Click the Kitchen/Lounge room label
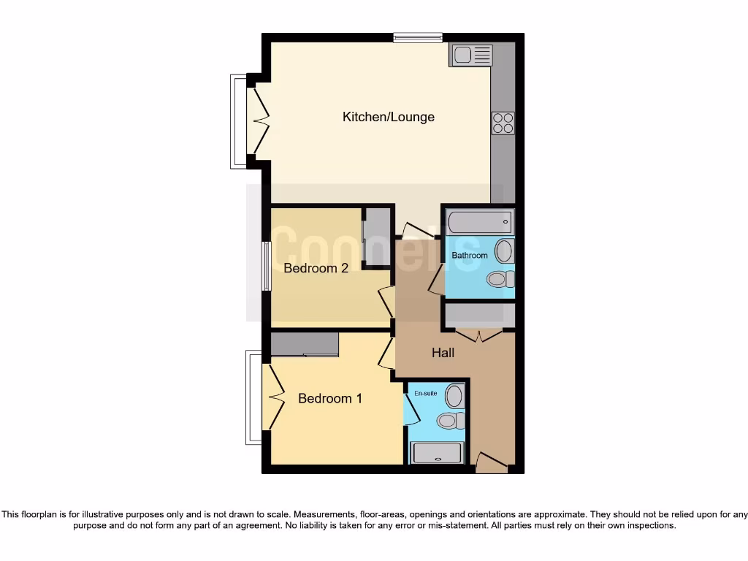(x=388, y=117)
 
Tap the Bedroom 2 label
(x=316, y=268)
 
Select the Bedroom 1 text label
(x=330, y=399)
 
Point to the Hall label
(x=443, y=353)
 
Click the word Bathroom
(x=469, y=256)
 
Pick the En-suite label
(x=425, y=394)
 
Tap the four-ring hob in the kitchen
(x=503, y=123)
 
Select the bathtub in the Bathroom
(x=480, y=221)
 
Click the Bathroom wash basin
(x=503, y=251)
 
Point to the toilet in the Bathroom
(x=500, y=279)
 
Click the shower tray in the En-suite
(x=437, y=453)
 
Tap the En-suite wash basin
(x=454, y=397)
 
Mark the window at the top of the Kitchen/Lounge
(x=417, y=38)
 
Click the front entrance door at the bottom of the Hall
(x=491, y=463)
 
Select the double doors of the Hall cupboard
(x=479, y=335)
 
